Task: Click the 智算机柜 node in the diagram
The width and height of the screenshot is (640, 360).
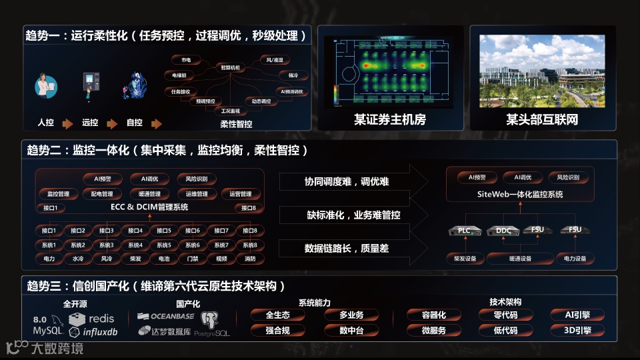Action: click(231, 67)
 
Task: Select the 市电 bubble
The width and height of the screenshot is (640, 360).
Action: click(186, 59)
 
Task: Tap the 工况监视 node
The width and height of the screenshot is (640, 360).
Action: click(231, 111)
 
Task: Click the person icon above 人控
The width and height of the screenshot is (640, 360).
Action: click(45, 88)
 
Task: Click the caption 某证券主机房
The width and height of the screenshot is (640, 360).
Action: click(389, 120)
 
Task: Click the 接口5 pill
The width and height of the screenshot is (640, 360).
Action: click(164, 231)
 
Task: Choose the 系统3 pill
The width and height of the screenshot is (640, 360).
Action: click(107, 245)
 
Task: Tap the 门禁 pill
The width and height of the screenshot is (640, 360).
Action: click(193, 259)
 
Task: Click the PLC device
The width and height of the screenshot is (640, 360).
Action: click(465, 231)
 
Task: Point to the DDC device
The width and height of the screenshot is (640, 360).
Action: click(503, 231)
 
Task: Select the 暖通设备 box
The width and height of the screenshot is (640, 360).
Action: click(520, 259)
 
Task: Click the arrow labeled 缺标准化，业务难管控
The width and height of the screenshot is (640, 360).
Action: click(353, 215)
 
